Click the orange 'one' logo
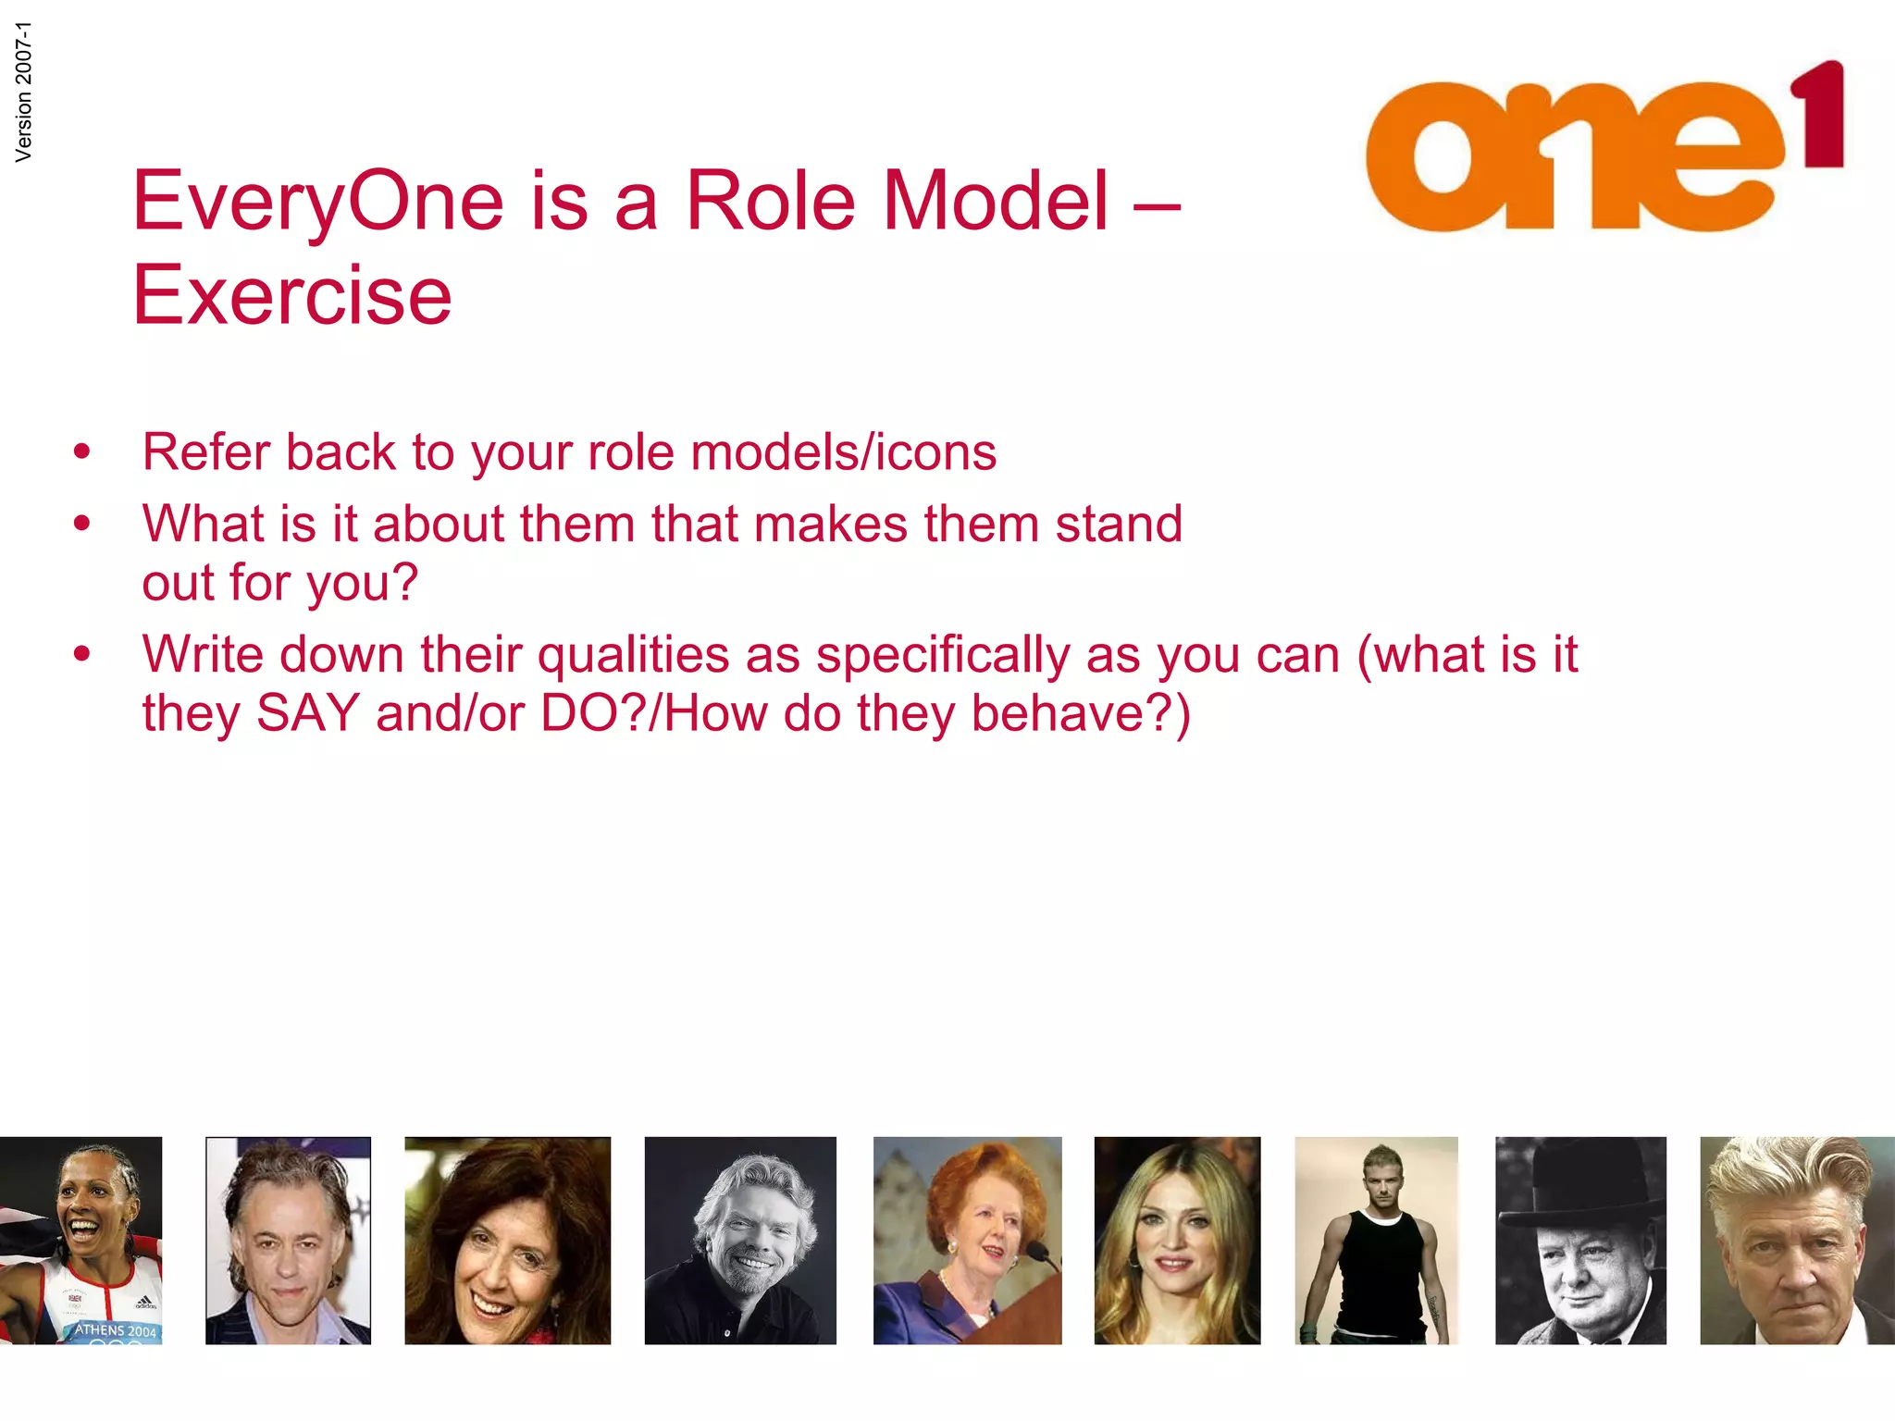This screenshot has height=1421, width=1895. pos(1573,157)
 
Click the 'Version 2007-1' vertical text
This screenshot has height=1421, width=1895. pos(24,92)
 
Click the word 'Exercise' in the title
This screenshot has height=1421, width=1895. pos(292,296)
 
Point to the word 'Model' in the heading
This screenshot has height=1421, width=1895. pos(996,201)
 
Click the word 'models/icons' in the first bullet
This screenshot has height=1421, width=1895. pos(843,452)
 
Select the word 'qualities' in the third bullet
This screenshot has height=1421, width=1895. pos(634,655)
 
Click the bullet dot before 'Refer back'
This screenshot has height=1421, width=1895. pos(82,452)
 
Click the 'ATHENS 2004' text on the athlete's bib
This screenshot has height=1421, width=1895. pos(116,1330)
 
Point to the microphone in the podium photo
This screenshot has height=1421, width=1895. pos(1038,1254)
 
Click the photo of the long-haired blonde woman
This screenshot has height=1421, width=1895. pos(1177,1240)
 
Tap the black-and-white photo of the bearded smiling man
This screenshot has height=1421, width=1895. pos(740,1240)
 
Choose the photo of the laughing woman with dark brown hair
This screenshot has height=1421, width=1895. pos(507,1240)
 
